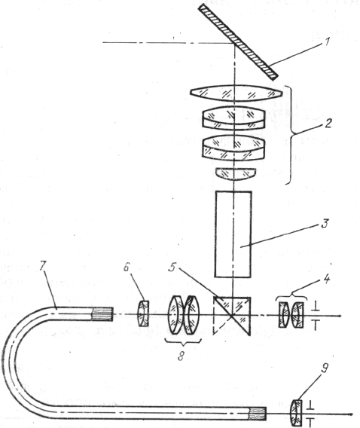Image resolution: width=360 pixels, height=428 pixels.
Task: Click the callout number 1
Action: (327, 43)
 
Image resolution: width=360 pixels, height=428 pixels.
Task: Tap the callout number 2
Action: (328, 123)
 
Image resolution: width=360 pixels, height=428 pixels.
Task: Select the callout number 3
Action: (325, 223)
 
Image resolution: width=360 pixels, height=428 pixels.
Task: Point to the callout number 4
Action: (326, 279)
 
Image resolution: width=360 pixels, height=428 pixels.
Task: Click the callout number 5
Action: (172, 267)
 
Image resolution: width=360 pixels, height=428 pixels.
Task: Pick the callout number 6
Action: (126, 267)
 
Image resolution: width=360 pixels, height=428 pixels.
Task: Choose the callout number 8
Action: (181, 356)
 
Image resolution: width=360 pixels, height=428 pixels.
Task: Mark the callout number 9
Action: (324, 368)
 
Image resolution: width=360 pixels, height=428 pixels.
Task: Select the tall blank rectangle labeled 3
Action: (233, 234)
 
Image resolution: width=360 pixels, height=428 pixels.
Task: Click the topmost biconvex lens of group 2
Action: (236, 93)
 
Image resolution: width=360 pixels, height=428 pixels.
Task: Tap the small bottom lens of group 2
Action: (236, 174)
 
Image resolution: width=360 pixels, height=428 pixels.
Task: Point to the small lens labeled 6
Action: (144, 313)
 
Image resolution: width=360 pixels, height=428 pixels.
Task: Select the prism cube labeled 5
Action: (231, 316)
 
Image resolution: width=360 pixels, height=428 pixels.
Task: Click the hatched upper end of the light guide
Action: (102, 314)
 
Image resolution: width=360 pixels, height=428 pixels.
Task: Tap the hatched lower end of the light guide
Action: (258, 414)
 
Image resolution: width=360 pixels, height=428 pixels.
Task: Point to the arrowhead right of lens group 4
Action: (339, 316)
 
